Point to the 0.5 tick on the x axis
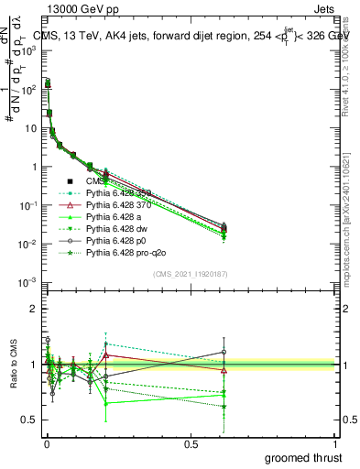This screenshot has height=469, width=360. [191, 442]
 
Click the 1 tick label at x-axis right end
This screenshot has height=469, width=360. [336, 442]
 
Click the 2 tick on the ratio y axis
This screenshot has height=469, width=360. [34, 309]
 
